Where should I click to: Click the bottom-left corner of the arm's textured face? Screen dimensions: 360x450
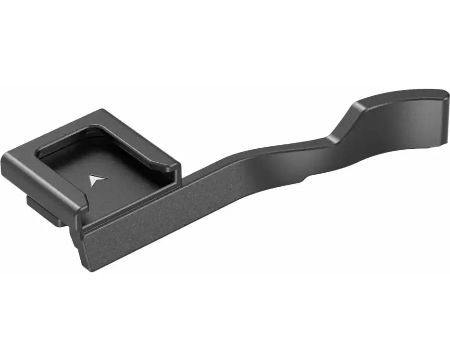pos(87,269)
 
